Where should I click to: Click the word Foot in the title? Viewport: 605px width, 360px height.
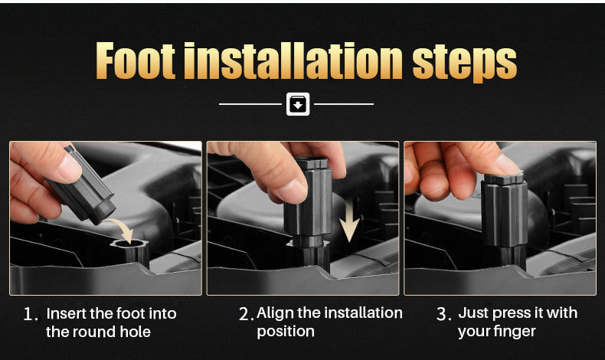135,61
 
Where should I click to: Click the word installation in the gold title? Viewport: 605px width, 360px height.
293,61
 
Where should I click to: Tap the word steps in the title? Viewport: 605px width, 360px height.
465,64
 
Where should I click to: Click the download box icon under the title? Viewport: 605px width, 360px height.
298,104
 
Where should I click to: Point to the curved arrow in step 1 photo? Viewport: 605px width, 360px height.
123,228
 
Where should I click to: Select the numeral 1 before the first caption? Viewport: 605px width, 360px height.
29,314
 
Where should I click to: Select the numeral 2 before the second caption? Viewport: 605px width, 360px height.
244,314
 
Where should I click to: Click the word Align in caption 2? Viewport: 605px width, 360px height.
275,313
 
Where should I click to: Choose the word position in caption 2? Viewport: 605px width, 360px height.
286,332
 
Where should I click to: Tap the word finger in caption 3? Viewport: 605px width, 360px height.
516,332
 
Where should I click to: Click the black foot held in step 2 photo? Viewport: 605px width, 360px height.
308,205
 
